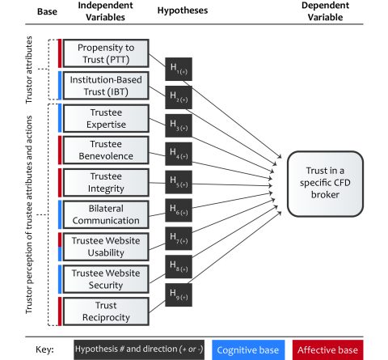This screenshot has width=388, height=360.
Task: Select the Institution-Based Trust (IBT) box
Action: click(105, 86)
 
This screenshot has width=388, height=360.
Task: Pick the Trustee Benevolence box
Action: click(105, 150)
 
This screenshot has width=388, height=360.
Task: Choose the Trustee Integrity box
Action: click(105, 182)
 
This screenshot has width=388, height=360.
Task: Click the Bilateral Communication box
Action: click(105, 214)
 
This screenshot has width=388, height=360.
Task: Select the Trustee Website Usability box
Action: click(105, 247)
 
